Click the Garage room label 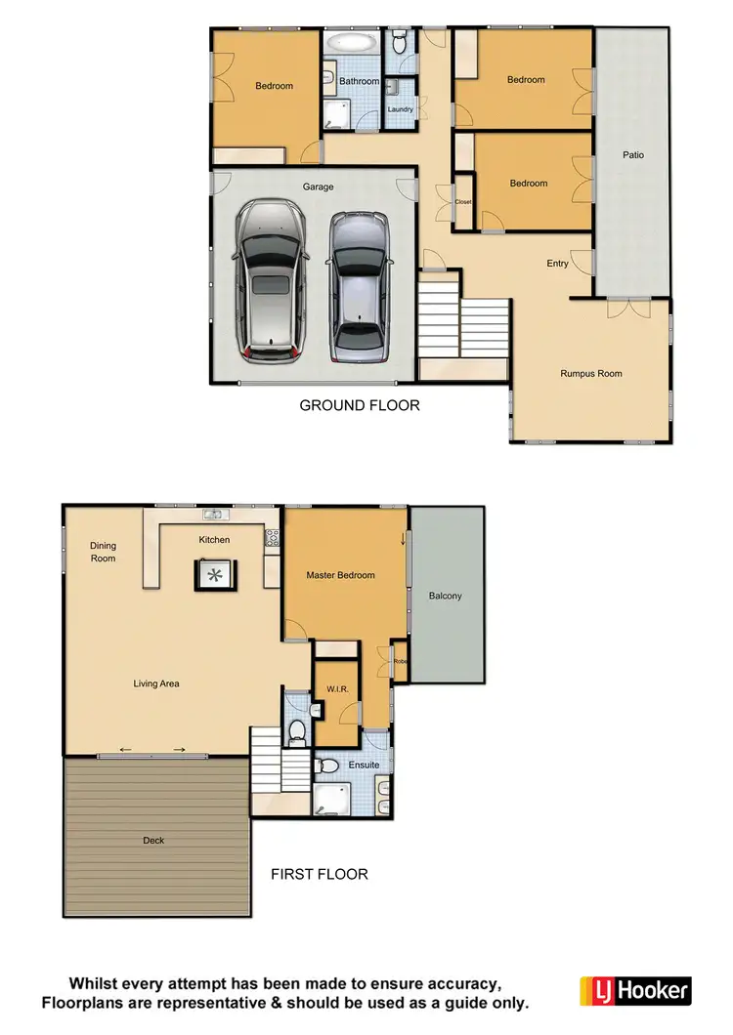(x=318, y=186)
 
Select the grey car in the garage (x=358, y=284)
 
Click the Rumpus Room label (x=590, y=373)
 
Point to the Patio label (x=633, y=154)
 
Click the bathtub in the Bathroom (x=350, y=43)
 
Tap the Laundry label (x=400, y=109)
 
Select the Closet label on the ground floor (x=463, y=201)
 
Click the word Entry (x=557, y=264)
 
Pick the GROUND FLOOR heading (x=359, y=404)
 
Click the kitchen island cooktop (x=214, y=574)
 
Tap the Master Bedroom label (x=340, y=575)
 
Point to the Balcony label (x=445, y=596)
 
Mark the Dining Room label (x=103, y=553)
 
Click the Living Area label (x=156, y=683)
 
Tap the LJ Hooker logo (x=635, y=990)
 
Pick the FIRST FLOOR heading (x=320, y=874)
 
